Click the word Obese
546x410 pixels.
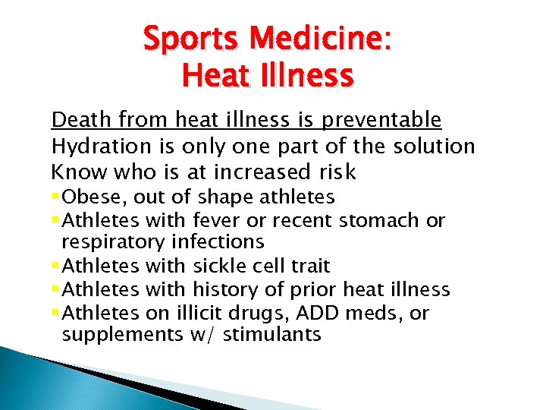91,197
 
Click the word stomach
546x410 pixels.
381,220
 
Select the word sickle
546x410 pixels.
220,266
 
